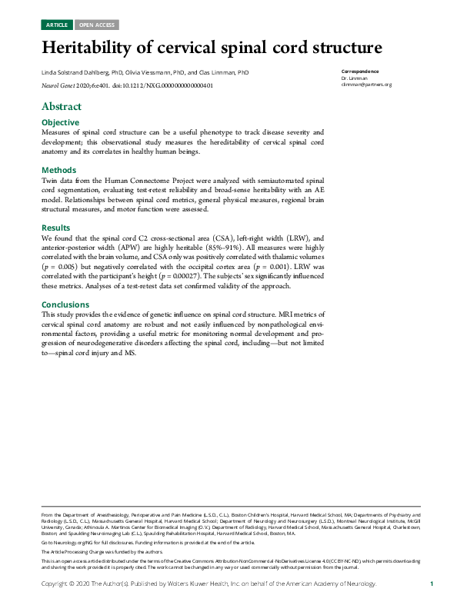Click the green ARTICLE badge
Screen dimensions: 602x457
click(x=57, y=25)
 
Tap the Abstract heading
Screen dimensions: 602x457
click(x=62, y=106)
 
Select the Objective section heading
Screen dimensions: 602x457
click(x=60, y=122)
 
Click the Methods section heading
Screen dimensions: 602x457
click(x=58, y=170)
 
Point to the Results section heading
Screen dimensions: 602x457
click(x=57, y=228)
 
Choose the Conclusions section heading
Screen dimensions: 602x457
click(x=65, y=304)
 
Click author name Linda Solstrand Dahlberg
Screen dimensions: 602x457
click(x=75, y=72)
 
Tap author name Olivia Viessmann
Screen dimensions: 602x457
click(x=155, y=72)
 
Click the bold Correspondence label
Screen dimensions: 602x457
click(x=359, y=72)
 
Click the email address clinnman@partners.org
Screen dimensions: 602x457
click(x=366, y=85)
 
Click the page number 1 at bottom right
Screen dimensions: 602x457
click(x=432, y=584)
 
